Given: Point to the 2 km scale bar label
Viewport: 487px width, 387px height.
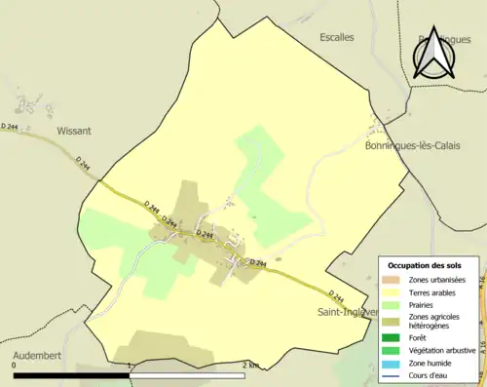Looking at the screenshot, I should coord(251,365).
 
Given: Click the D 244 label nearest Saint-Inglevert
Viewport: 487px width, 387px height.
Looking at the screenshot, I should coord(335,295).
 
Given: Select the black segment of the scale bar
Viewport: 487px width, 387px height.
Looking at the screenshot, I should coord(73,374).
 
